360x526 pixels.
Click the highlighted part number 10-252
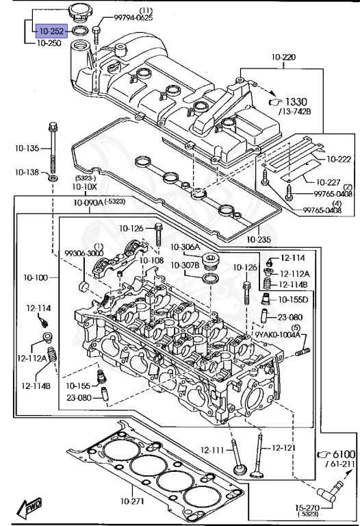(x=51, y=31)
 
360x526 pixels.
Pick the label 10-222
(x=338, y=159)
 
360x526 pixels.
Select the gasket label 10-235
(x=259, y=240)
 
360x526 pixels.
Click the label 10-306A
(x=185, y=247)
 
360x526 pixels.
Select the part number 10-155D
(x=293, y=300)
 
